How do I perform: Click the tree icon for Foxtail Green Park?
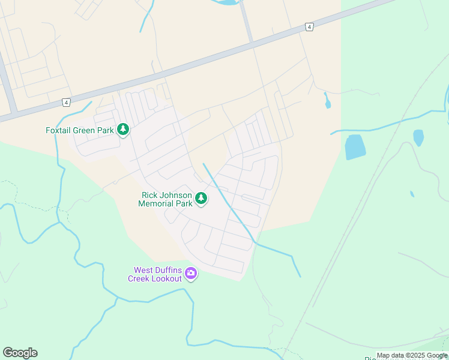click(x=123, y=129)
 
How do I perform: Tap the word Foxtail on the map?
click(x=59, y=130)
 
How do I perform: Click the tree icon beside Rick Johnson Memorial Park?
click(x=201, y=198)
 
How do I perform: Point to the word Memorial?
click(x=157, y=203)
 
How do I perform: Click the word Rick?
click(x=149, y=195)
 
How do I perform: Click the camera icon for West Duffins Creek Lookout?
click(x=191, y=274)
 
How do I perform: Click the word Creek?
click(x=139, y=278)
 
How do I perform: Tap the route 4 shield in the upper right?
click(x=309, y=27)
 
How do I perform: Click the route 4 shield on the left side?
click(x=66, y=102)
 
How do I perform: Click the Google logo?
click(x=20, y=353)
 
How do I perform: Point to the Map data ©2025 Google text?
click(x=412, y=356)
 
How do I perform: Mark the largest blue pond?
click(x=355, y=146)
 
